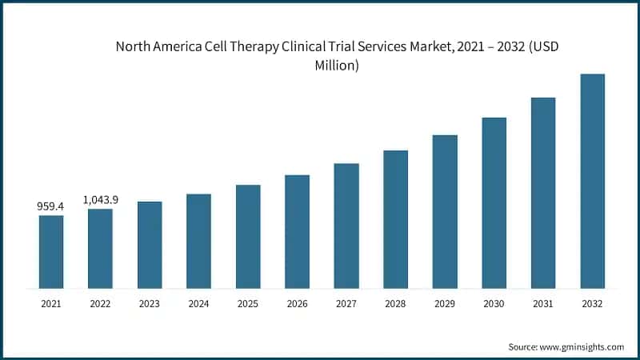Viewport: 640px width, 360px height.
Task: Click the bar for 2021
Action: (x=50, y=251)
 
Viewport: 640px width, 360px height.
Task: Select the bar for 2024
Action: (x=198, y=241)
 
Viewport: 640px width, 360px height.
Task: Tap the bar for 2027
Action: (x=346, y=226)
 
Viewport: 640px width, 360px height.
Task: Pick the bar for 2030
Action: (x=494, y=202)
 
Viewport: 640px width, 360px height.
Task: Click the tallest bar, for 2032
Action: (x=592, y=181)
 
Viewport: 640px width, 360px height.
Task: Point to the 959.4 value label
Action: (x=50, y=206)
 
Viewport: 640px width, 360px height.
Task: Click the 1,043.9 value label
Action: (x=101, y=199)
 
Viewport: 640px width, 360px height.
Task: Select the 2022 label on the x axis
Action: (x=100, y=304)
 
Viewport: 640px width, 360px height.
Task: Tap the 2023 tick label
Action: (x=150, y=304)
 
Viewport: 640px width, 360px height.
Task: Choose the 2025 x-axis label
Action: (x=248, y=304)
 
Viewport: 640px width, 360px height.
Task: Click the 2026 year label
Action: (x=297, y=304)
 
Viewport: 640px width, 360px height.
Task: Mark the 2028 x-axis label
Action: (x=395, y=304)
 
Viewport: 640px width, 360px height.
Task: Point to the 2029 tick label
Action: (x=445, y=304)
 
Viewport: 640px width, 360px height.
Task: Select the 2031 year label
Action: (x=543, y=304)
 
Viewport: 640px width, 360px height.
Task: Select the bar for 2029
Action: (x=445, y=211)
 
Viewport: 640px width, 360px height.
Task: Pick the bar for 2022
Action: (x=100, y=248)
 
